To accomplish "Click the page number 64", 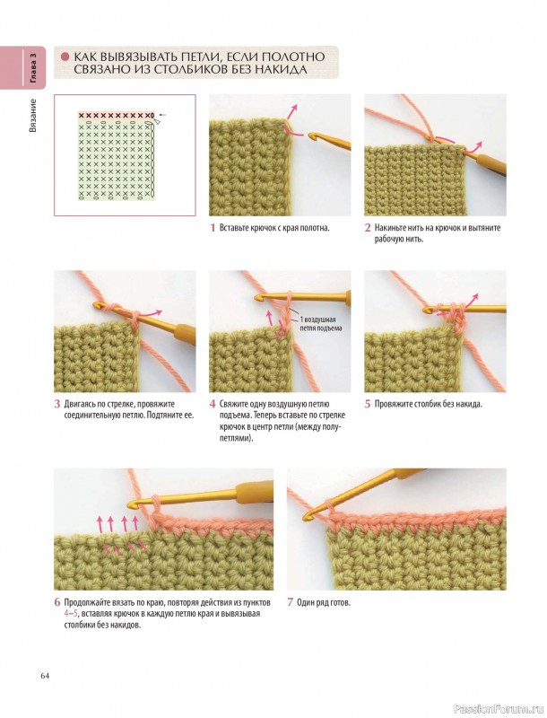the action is [x=44, y=676].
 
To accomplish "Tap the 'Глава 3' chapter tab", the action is [x=33, y=68].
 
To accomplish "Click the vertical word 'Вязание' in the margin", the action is [x=33, y=116].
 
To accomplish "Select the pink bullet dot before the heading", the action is [x=65, y=57].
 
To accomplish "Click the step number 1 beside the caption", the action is [x=213, y=228].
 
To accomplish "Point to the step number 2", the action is [x=368, y=228].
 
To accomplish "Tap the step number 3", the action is [x=57, y=404].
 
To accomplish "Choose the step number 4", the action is [x=213, y=404].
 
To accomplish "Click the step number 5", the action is [x=368, y=404].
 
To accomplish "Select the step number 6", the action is [x=57, y=602].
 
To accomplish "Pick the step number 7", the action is [x=290, y=602].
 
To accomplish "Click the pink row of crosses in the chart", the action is [x=116, y=116].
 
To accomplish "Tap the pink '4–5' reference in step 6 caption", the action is [x=71, y=614].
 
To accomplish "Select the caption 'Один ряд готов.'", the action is [x=324, y=602].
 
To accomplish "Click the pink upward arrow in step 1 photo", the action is [x=292, y=111].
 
